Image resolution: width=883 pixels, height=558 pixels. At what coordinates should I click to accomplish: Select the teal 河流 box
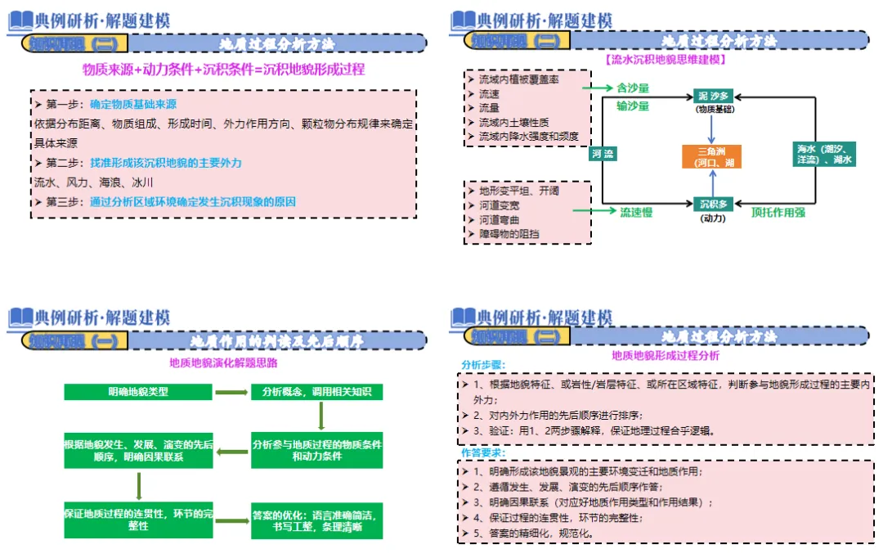point(603,153)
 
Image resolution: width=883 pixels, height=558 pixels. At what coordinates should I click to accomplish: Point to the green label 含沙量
point(632,87)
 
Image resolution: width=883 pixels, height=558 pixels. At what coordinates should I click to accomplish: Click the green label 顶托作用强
point(778,212)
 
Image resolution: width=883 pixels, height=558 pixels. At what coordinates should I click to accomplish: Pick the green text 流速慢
point(635,212)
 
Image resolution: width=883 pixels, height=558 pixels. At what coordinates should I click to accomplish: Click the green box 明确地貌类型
point(138,392)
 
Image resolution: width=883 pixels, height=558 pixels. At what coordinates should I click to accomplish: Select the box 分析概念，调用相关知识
point(316,392)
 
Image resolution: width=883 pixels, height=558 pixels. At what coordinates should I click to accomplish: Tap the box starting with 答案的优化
point(316,521)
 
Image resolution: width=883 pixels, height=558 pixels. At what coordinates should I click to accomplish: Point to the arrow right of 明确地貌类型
point(231,393)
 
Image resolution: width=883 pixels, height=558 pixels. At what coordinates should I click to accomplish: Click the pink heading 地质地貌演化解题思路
point(223,362)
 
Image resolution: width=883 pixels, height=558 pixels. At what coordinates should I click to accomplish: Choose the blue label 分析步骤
point(483,365)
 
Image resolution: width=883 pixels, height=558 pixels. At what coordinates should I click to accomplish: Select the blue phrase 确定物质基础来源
point(133,105)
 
